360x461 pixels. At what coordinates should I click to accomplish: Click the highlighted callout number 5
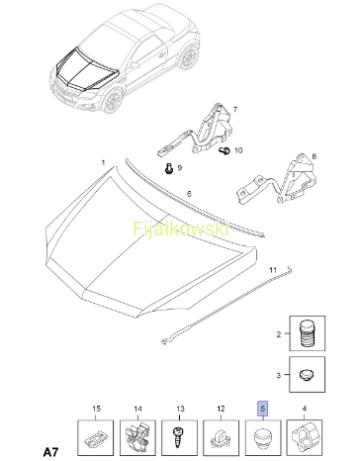click(263, 409)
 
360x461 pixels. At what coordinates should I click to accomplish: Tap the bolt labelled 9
click(169, 168)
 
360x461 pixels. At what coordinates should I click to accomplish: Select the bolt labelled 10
click(225, 150)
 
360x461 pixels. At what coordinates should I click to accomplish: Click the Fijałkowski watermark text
click(181, 229)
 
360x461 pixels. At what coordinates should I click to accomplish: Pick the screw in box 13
click(179, 437)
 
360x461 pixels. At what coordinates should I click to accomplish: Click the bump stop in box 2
click(307, 332)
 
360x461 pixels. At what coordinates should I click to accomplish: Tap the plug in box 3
click(307, 375)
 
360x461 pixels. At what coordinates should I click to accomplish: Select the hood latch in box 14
click(136, 436)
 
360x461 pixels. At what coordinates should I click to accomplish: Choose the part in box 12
click(221, 438)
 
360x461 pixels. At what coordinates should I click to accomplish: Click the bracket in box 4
click(304, 436)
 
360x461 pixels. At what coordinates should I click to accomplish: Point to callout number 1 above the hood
click(104, 162)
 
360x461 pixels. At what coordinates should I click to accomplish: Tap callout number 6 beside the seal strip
click(189, 194)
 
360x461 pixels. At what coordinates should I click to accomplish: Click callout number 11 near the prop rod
click(273, 270)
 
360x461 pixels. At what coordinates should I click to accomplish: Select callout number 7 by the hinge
click(235, 109)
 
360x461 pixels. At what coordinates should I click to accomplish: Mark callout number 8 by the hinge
click(314, 156)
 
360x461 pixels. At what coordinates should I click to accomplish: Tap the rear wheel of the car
click(189, 57)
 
